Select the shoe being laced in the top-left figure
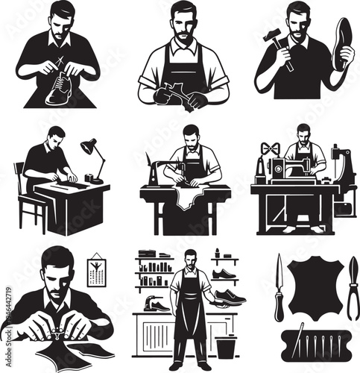click(58, 93)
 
